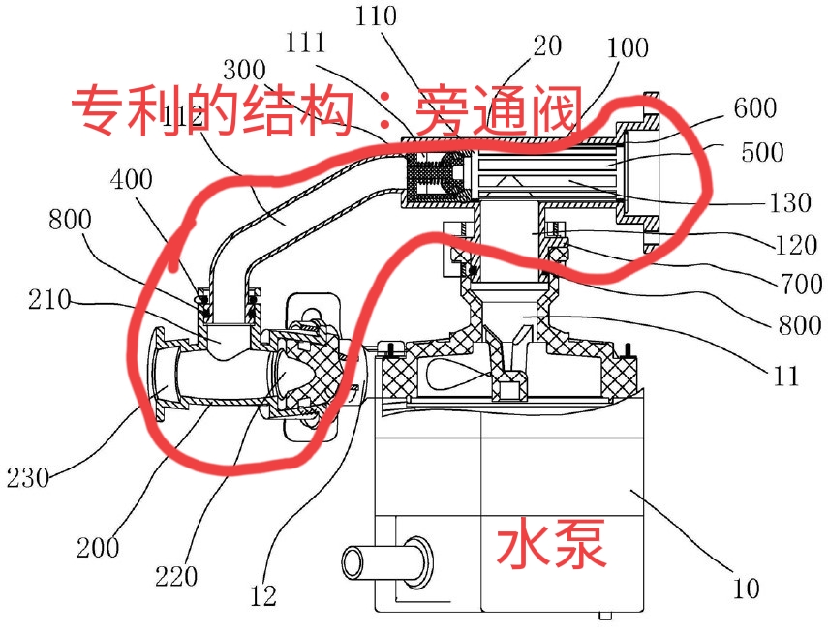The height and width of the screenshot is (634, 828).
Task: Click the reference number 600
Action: (754, 109)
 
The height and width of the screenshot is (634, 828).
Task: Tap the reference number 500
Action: (761, 153)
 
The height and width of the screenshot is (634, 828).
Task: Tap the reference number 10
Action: (746, 587)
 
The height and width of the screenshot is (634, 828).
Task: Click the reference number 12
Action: (262, 593)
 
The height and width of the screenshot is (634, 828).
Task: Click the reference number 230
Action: (30, 477)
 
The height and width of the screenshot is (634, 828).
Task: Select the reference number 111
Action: (306, 43)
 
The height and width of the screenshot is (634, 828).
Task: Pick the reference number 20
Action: (547, 45)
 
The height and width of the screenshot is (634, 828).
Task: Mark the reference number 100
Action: (628, 46)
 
